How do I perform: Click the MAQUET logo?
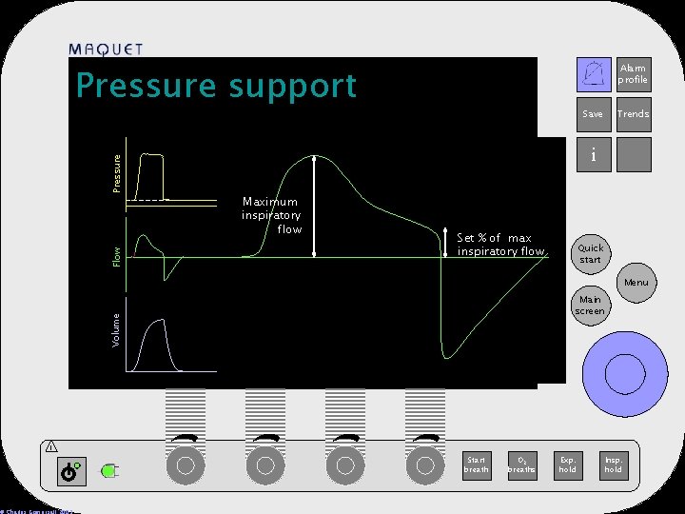(x=107, y=49)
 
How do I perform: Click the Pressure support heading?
(x=216, y=86)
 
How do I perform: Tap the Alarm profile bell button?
(x=595, y=73)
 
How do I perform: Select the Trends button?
(x=633, y=114)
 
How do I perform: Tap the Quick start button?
(x=590, y=254)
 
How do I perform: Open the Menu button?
(x=636, y=283)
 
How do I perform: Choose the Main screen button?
(x=590, y=306)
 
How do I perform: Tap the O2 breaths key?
(x=520, y=465)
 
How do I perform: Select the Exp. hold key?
(x=568, y=465)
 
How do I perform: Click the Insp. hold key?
(x=614, y=465)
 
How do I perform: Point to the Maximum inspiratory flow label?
(x=271, y=215)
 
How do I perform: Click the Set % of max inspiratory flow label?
(x=500, y=245)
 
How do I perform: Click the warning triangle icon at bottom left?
(x=50, y=447)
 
